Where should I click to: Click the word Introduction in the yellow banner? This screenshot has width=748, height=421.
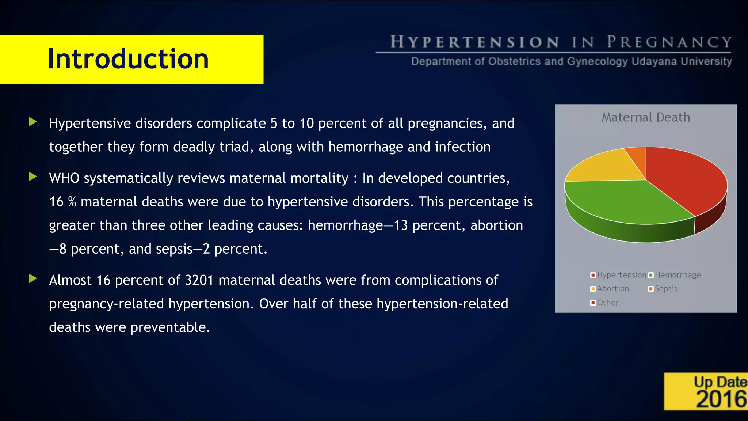pos(128,59)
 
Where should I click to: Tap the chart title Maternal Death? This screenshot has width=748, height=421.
pos(646,117)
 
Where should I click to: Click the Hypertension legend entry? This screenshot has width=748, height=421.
pos(621,275)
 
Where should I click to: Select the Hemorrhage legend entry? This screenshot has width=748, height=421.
pos(678,275)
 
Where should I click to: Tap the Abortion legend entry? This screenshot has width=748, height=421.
pos(613,289)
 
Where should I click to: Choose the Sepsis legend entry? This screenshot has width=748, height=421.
pos(666,289)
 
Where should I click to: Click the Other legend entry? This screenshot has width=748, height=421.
pos(608,303)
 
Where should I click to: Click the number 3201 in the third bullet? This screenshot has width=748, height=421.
pos(199,280)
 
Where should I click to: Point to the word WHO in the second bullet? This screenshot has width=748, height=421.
pos(64,178)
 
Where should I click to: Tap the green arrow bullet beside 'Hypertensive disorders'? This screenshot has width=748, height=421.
pos(33,122)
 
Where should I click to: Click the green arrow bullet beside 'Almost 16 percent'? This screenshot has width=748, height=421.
pos(33,279)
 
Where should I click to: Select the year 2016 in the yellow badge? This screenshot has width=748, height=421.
pos(721,399)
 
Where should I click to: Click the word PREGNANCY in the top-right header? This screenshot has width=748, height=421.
pos(669,42)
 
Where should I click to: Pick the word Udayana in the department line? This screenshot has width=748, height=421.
pos(654,61)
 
